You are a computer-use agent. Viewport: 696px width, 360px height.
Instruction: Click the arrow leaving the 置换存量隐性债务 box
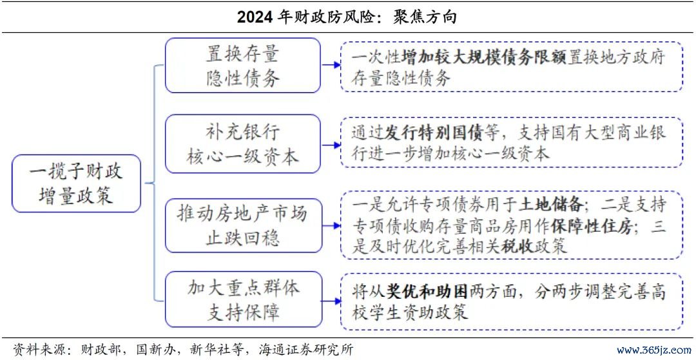330,65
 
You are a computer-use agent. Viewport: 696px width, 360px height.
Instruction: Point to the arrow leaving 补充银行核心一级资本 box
330,144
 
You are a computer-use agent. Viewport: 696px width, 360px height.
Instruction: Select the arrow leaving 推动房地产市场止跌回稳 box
330,225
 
